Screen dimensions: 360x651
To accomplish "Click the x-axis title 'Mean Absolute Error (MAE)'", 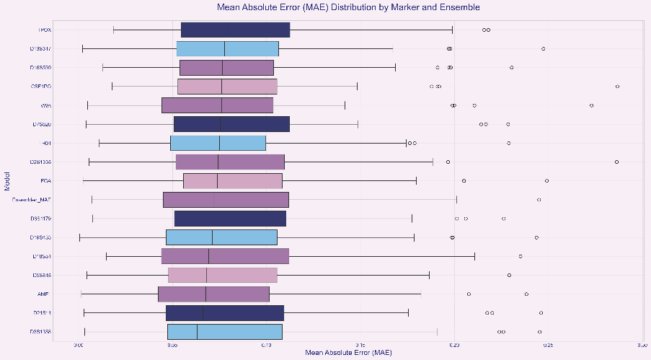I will click(348, 353).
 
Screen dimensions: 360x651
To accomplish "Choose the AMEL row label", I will click(43, 294).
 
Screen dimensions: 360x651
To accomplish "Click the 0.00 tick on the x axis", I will click(79, 345).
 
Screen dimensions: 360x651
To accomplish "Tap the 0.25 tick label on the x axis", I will click(547, 345).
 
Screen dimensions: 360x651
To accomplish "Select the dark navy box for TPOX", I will click(235, 30).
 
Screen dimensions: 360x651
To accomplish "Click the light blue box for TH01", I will click(218, 143).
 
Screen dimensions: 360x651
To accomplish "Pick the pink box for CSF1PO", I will click(227, 87).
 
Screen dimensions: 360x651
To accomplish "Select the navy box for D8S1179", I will click(230, 218).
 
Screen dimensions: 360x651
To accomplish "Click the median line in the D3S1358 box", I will click(197, 331).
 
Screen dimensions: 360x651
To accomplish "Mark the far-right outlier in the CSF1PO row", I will click(617, 87).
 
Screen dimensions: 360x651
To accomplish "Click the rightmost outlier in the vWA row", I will click(591, 105).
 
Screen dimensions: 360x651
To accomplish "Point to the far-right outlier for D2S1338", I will click(616, 162).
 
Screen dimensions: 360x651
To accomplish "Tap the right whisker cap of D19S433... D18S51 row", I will click(475, 256).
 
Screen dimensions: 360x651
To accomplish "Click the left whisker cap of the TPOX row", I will click(113, 30).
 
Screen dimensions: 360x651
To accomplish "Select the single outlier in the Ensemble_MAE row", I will click(539, 199).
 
